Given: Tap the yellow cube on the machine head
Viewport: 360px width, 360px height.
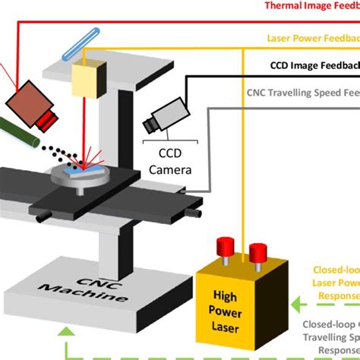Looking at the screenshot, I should tap(86, 76).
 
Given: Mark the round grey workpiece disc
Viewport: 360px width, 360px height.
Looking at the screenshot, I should tap(77, 175).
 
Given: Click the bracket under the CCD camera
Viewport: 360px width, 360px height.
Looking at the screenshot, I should tap(172, 137).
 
